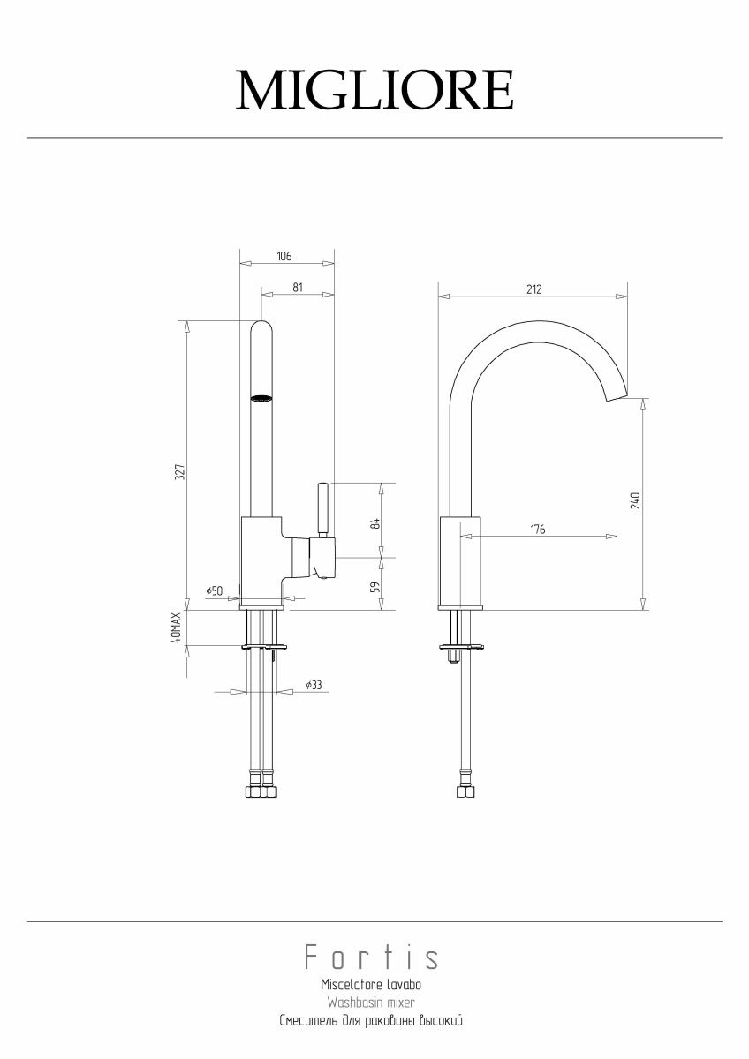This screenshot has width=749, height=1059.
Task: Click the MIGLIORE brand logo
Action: (x=374, y=90)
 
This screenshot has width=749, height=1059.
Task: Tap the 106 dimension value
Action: (x=284, y=256)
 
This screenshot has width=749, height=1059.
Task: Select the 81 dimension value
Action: (x=297, y=288)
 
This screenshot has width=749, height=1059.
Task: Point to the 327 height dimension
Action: (x=180, y=472)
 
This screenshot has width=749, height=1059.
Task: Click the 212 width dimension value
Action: (x=533, y=289)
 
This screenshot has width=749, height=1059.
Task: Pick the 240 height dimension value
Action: (x=635, y=500)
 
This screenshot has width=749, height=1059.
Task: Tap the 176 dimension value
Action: (x=538, y=529)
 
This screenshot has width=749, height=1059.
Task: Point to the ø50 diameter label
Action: (x=215, y=590)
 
